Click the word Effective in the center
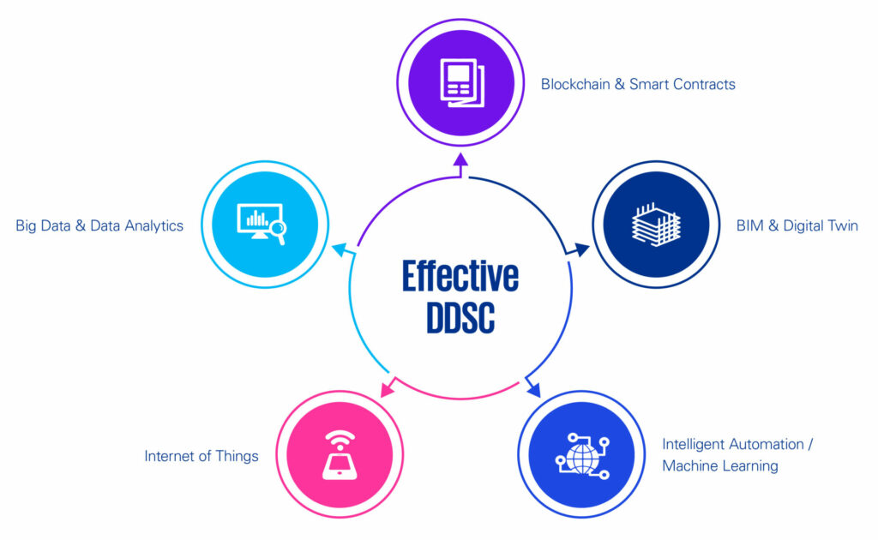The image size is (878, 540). (460, 276)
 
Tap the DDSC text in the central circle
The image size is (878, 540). (460, 318)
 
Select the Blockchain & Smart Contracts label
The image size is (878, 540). (638, 84)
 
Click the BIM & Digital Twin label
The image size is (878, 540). (797, 225)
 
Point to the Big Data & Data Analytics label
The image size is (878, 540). (99, 225)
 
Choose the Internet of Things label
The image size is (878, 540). (201, 456)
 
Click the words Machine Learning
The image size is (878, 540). (720, 465)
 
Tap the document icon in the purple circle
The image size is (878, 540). (461, 83)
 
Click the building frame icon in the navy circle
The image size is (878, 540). (656, 225)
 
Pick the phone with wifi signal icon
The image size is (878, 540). (340, 455)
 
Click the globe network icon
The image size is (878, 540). (582, 455)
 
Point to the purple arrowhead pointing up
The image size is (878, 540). (460, 160)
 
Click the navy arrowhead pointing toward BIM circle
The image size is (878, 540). (582, 249)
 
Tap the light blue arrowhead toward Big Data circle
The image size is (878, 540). (340, 249)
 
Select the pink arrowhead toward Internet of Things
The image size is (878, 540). (387, 389)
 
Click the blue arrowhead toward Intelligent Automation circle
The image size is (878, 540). (534, 390)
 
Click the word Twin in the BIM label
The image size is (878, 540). (839, 225)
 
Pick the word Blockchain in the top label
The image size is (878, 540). (575, 84)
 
